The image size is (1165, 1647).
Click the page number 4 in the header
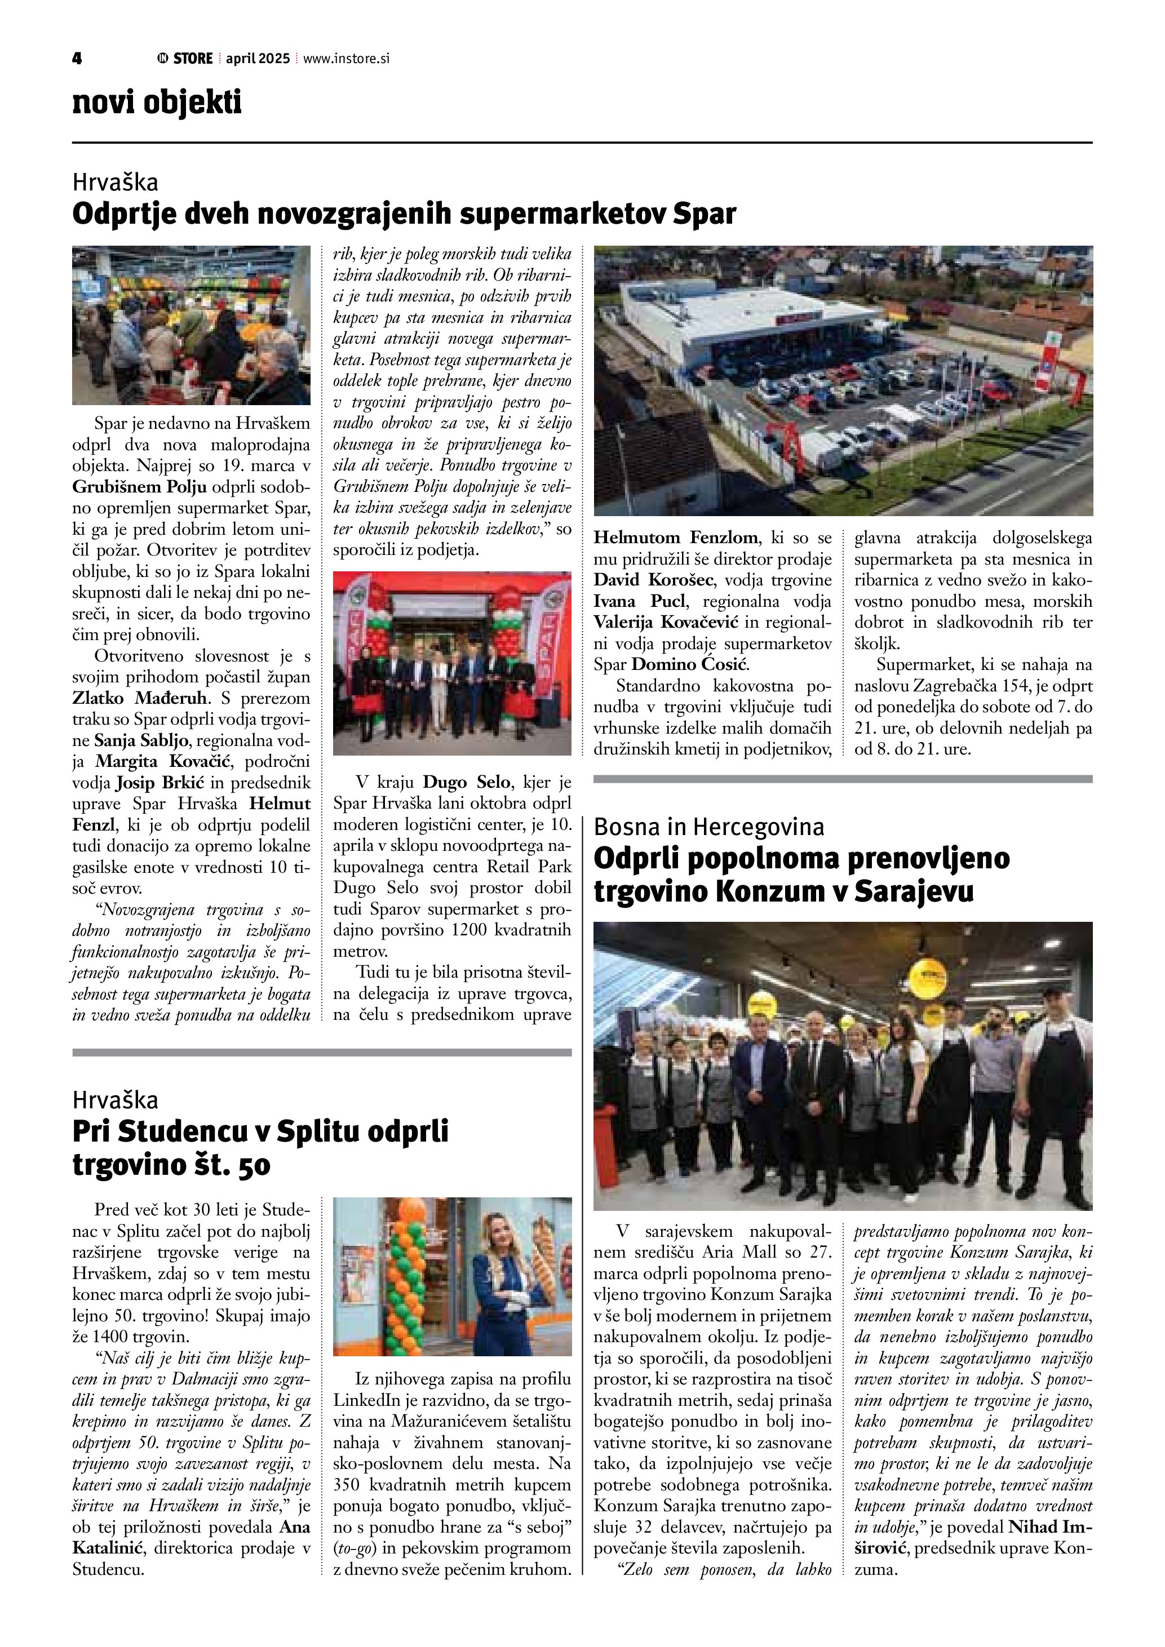click(77, 59)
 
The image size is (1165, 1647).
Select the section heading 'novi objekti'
click(157, 103)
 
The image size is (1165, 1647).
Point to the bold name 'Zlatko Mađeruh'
click(140, 698)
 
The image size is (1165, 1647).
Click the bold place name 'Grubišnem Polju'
click(139, 487)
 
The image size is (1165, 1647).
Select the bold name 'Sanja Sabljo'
click(141, 740)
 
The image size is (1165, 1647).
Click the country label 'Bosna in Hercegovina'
click(709, 827)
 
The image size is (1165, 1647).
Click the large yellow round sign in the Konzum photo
click(931, 976)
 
